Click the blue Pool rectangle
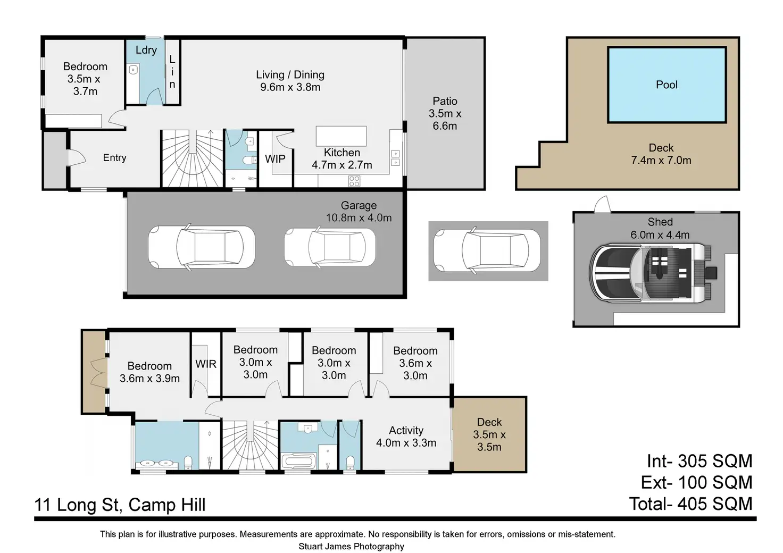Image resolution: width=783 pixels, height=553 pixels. [x=667, y=85]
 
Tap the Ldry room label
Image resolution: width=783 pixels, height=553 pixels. [x=146, y=51]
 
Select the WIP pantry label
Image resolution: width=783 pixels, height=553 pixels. [x=275, y=159]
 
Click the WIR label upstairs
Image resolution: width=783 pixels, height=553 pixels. [x=206, y=364]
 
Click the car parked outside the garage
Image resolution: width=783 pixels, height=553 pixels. [x=487, y=250]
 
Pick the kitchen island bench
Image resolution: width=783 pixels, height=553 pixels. [x=341, y=136]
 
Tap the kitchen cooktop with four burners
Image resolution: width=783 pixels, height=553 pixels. [x=354, y=181]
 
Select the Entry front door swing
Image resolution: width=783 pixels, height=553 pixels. [x=76, y=157]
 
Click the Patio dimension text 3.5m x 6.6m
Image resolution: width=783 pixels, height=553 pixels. [x=445, y=120]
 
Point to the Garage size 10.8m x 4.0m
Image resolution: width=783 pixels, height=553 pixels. [x=359, y=217]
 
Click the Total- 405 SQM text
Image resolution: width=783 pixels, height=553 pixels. [x=691, y=504]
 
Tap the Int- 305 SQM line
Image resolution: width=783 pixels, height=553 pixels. [x=699, y=461]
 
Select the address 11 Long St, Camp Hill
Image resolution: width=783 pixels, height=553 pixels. [x=120, y=505]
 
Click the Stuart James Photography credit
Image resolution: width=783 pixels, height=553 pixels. [x=351, y=547]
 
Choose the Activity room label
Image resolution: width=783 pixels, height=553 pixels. [x=406, y=430]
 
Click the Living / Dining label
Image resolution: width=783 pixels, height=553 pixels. [x=290, y=75]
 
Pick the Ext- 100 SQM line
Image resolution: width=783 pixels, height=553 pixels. [x=697, y=483]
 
